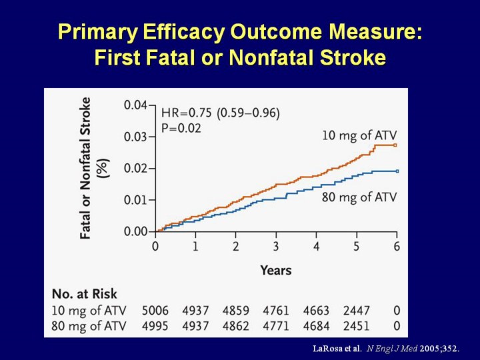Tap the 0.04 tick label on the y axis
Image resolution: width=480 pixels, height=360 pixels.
136,105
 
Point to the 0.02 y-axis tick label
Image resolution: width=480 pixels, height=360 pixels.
136,168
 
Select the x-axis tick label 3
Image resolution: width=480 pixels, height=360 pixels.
276,247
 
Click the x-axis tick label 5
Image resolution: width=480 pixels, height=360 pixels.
357,247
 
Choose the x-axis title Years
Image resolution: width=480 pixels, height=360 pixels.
275,270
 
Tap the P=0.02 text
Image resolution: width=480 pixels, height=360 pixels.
181,127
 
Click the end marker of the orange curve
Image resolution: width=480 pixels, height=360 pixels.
396,145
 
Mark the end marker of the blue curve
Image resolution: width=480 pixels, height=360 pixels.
396,171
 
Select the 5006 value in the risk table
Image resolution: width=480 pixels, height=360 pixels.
156,310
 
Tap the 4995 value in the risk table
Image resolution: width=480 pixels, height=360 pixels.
156,326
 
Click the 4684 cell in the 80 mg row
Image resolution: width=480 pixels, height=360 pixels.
317,326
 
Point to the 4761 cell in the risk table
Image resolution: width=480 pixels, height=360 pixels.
276,310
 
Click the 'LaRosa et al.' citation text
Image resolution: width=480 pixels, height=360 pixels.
337,348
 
